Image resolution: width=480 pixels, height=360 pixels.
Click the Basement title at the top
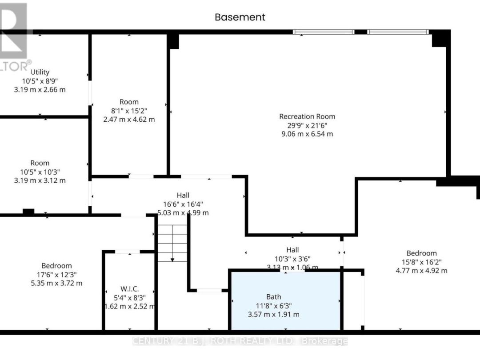[x=240, y=17]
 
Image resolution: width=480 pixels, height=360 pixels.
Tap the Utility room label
[x=40, y=72]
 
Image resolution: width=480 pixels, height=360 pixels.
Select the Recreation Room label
[x=307, y=116]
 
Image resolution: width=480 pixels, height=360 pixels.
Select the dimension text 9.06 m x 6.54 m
[x=307, y=134]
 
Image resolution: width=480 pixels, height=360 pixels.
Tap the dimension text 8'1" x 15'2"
[x=129, y=111]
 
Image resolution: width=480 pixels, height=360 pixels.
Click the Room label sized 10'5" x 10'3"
[x=40, y=163]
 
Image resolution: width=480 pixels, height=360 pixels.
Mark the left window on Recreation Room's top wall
[x=324, y=32]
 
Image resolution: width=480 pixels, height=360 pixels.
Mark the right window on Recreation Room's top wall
[x=398, y=32]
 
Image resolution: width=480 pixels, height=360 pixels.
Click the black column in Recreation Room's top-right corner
[x=440, y=39]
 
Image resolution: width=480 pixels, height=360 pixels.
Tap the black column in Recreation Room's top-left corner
[x=173, y=41]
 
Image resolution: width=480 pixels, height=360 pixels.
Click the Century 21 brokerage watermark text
[x=240, y=341]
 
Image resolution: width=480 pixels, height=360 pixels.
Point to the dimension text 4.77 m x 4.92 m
[x=421, y=270]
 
